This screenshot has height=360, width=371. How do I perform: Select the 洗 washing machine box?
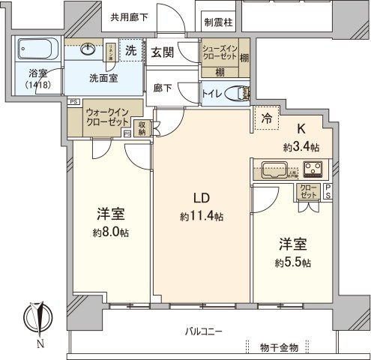[131, 52]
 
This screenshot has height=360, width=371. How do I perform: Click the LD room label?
[202, 199]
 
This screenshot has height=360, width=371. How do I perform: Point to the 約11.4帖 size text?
[202, 217]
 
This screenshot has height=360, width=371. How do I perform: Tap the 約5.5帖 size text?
[290, 262]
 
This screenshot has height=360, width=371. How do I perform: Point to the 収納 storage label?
[142, 128]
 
